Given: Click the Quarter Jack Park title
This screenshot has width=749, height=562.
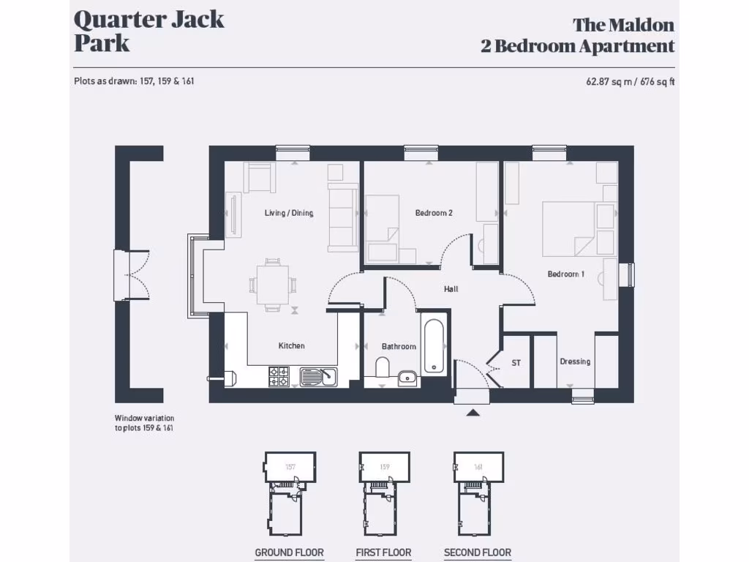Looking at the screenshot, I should coord(148,31).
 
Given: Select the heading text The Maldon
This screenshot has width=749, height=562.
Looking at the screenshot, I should coord(623,25).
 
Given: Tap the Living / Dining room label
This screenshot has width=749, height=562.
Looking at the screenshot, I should coord(289,213).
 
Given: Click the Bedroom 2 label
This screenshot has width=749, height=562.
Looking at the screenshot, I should coord(434,213).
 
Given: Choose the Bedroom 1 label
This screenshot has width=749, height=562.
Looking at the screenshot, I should coord(566,274).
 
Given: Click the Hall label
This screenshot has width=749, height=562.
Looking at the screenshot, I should coord(451,289).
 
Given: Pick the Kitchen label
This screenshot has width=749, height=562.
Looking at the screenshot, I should coord(291,345).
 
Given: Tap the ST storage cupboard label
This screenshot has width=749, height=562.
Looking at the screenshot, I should coord(516,362).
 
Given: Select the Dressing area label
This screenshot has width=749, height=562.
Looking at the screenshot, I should coord(575,361).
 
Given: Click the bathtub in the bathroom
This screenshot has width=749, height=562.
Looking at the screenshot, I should coord(433,347).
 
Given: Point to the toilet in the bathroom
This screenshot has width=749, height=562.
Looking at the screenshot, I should coord(383,367).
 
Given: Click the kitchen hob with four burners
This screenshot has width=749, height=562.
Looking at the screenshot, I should coord(279,376).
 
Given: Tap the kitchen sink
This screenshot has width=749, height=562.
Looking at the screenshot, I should coord(318,376).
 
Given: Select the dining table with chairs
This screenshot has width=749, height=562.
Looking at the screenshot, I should coord(273,285).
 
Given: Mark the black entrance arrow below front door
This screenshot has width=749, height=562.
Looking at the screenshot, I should coord(473,413).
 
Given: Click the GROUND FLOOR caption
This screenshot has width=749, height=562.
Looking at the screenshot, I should coord(289,552).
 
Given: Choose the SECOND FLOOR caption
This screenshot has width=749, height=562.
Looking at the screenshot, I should coord(478,552).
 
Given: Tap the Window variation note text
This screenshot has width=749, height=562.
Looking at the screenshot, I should coord(144,423).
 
